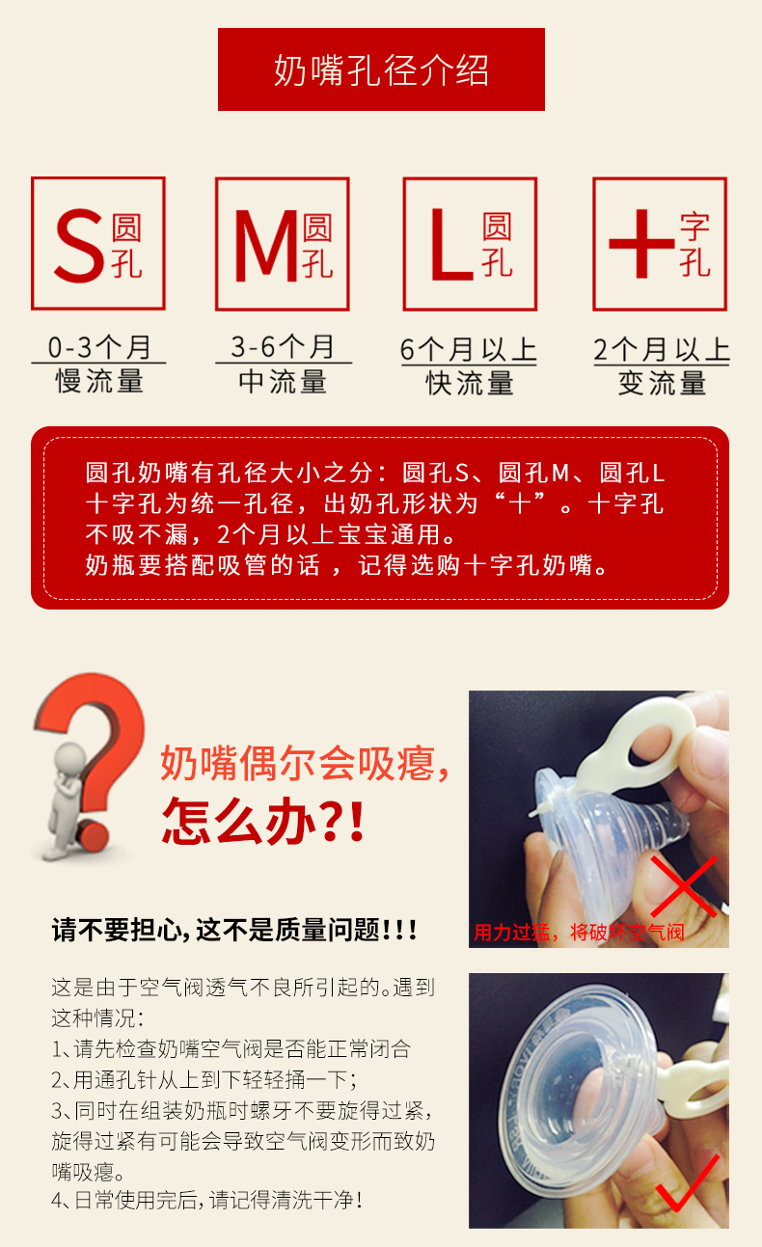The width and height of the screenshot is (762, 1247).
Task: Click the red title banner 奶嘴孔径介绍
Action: coord(381,69)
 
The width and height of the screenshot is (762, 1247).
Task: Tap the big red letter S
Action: coord(79,246)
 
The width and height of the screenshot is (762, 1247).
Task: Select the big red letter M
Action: coord(266,246)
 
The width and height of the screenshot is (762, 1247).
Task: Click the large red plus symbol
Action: coord(641,243)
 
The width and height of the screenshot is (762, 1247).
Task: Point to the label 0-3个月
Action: coord(99,347)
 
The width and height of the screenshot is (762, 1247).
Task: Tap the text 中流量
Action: coord(283,382)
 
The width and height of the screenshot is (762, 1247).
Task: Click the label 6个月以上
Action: coord(468,350)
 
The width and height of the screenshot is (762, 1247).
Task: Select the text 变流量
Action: coord(662,384)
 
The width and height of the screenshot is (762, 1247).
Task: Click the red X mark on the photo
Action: coord(684,887)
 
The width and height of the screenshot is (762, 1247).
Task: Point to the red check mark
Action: coord(688,1183)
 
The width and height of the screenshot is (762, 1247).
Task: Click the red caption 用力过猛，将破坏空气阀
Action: coord(579,932)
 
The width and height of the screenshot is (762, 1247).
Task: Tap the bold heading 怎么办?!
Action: coord(263,821)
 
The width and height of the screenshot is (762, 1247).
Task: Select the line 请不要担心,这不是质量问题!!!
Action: coord(234,930)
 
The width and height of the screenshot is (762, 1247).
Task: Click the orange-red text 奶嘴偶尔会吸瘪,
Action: coord(305,763)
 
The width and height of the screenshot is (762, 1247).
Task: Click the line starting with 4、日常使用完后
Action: coord(207,1201)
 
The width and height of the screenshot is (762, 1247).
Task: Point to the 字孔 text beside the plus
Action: coord(694,244)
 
